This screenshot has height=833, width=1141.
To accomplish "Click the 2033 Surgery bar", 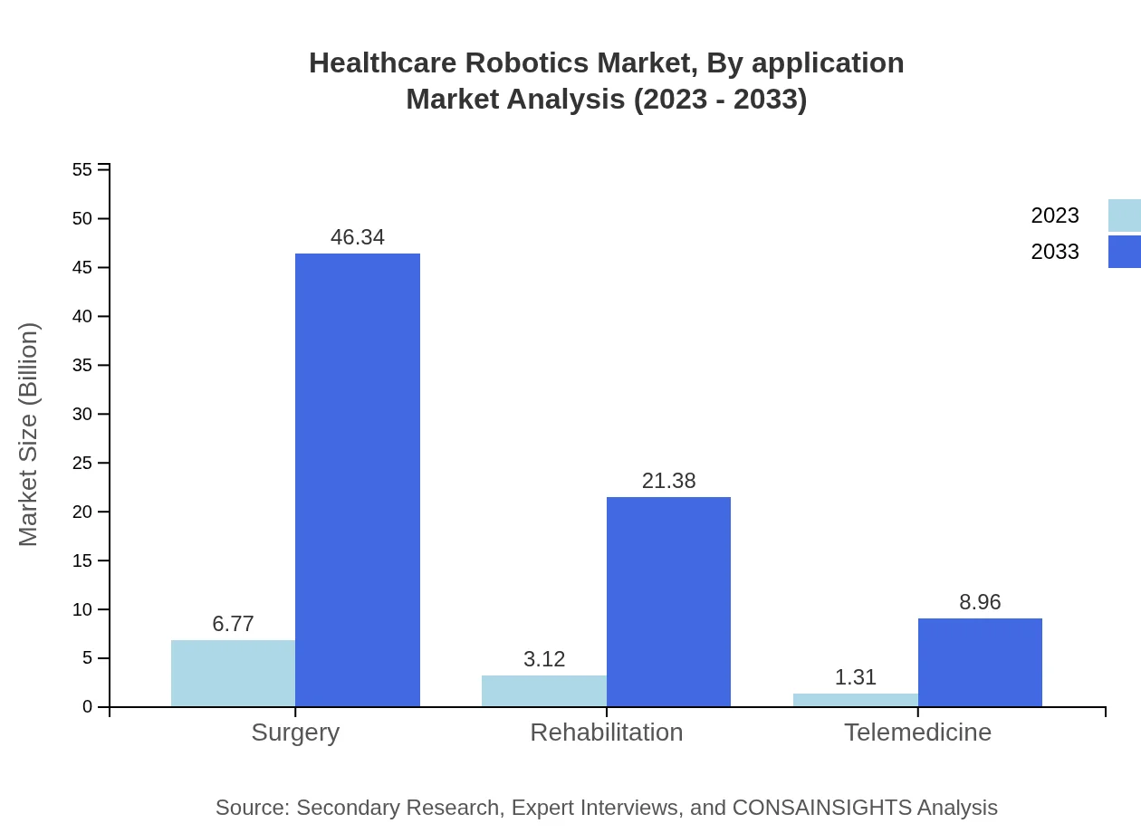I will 358,480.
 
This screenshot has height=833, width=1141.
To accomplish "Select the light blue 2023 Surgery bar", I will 233,674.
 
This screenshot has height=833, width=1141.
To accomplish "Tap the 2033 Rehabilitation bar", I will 668,602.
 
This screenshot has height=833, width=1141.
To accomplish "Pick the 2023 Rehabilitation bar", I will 544,691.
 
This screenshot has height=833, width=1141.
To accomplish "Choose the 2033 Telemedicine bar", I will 980,663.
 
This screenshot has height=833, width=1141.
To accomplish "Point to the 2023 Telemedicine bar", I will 855,700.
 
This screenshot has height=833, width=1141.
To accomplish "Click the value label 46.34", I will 358,237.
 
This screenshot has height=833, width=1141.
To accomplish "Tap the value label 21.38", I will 668,481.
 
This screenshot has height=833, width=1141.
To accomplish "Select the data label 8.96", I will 980,602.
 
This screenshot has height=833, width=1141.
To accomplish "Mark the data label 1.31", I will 855,677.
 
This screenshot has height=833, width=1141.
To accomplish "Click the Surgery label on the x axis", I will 295,732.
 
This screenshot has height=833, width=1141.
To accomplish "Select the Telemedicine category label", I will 917,732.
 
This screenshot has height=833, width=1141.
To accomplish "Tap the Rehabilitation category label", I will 607,732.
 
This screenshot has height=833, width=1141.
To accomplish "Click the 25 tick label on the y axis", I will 82,464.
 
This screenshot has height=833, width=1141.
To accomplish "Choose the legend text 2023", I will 1055,215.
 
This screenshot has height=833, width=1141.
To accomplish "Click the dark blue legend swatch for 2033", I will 1124,252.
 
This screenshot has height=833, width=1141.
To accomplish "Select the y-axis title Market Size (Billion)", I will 28,435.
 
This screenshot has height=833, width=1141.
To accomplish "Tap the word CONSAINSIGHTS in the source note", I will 821,808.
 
